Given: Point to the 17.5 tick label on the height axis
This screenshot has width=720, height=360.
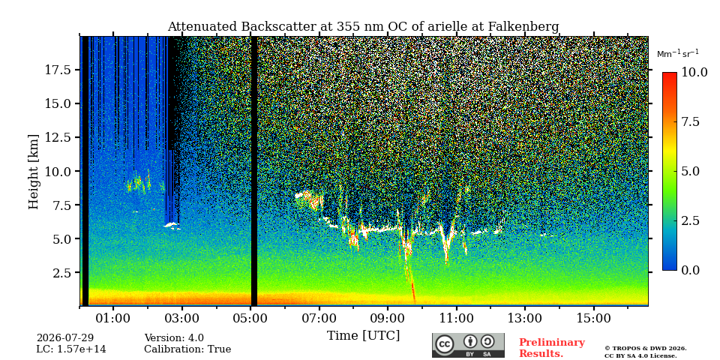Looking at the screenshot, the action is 58,70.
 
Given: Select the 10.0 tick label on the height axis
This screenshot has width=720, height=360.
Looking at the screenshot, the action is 58,171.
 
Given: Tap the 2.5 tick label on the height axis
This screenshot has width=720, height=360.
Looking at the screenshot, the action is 61,273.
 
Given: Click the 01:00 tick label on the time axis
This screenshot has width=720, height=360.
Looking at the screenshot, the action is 113,318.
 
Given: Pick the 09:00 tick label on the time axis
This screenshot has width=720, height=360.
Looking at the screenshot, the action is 388,318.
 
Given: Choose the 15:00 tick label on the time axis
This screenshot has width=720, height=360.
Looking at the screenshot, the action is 594,318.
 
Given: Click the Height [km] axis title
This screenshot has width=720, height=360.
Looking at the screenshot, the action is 34,172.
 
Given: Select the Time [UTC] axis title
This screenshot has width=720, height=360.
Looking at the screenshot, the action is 363,336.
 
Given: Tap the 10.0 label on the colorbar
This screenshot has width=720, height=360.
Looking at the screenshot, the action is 694,73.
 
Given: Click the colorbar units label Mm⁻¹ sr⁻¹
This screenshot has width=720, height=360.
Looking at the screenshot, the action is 678,54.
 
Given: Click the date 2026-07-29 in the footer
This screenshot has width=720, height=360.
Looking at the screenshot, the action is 65,338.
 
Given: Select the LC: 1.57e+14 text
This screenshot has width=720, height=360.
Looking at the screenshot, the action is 71,349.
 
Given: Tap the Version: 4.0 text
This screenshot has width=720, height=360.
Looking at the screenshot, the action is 174,338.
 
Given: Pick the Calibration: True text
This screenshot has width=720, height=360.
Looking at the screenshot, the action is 187,349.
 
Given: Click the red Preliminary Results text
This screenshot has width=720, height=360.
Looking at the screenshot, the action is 552,348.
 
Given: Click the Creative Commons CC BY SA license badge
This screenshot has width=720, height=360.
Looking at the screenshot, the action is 468,345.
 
